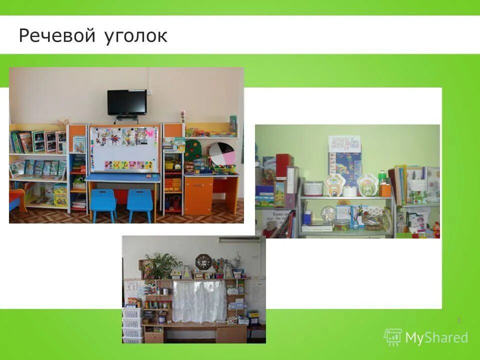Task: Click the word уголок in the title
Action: (x=136, y=37)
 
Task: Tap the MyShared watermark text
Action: (x=436, y=337)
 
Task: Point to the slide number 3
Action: (x=458, y=320)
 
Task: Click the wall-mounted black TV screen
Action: (x=126, y=102)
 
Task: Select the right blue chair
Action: (x=139, y=204)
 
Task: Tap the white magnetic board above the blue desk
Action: (x=123, y=149)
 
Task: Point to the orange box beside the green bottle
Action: (x=384, y=189)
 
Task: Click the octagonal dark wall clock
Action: (x=203, y=261)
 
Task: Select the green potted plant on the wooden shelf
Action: (x=160, y=265)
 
